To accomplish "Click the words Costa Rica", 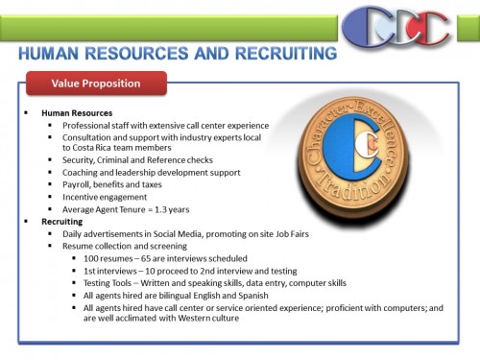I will point(97,148).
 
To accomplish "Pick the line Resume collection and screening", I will point(124,246).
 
